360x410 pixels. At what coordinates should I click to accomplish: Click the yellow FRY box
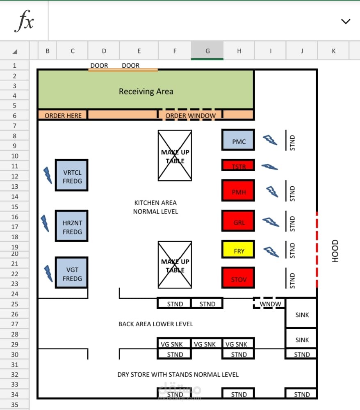pos(238,249)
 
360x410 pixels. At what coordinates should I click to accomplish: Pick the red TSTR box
pos(238,165)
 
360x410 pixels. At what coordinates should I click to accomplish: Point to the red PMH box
pos(238,190)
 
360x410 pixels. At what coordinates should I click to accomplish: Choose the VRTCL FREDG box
pos(72,175)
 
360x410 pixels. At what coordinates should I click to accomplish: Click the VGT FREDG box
pos(72,273)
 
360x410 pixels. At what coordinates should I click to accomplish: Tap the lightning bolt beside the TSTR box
pos(269,167)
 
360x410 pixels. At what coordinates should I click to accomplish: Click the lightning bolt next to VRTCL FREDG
pos(48,175)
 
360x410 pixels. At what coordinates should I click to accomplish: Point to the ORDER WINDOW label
pos(190,116)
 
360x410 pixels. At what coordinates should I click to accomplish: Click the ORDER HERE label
pos(63,116)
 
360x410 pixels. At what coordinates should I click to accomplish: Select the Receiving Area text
pos(146,91)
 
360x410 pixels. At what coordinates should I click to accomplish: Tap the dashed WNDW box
pos(269,304)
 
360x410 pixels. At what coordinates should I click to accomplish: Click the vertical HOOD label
pos(335,251)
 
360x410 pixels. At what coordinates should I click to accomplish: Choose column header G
pos(207,51)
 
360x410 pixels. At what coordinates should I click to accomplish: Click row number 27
pos(15,324)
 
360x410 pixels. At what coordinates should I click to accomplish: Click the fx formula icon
pos(24,21)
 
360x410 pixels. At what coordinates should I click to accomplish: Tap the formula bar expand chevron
pos(346,21)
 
